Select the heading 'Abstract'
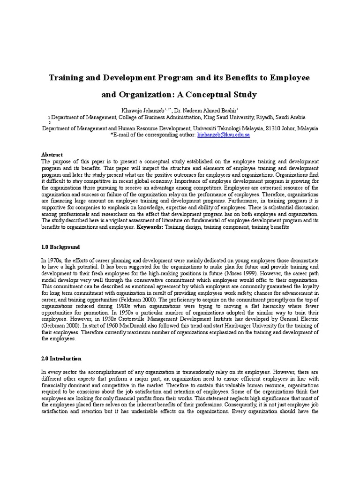[52, 155]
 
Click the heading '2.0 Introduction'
[61, 359]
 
